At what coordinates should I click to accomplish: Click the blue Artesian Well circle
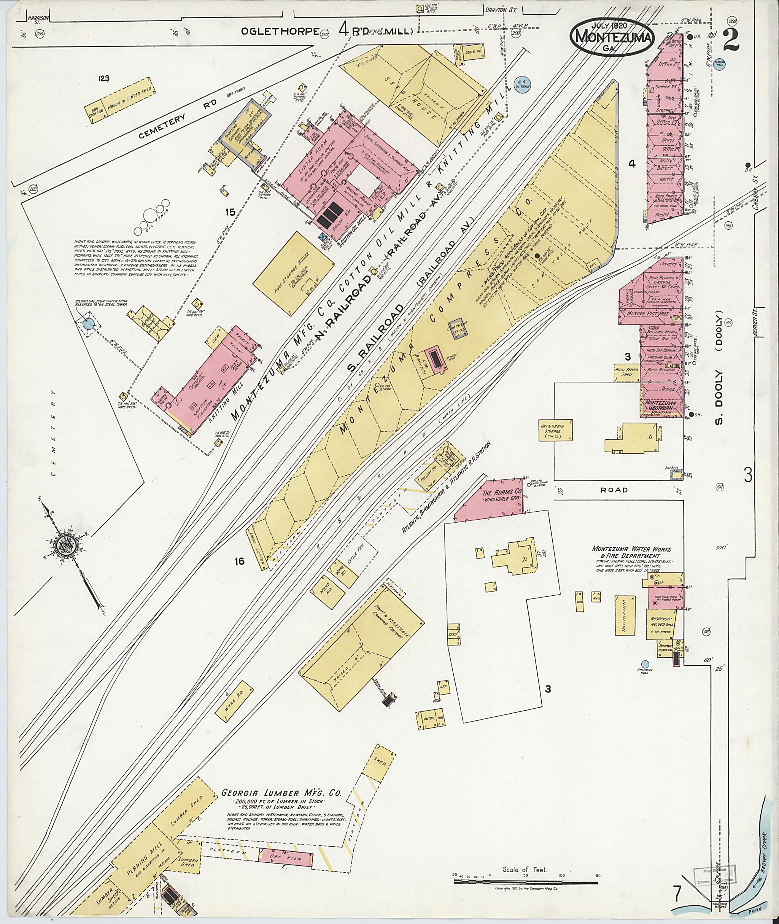644,664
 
